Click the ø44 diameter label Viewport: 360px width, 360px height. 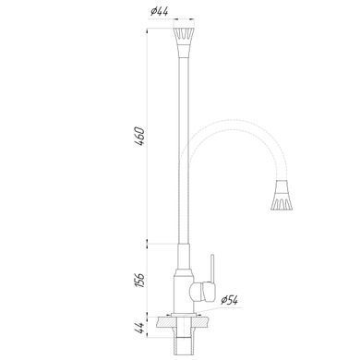click(x=160, y=12)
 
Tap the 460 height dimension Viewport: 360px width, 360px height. click(x=139, y=136)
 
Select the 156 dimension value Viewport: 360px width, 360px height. click(x=139, y=280)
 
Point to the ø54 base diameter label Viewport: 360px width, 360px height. click(x=230, y=300)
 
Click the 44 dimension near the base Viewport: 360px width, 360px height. click(x=139, y=328)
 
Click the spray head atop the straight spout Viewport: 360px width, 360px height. click(x=185, y=42)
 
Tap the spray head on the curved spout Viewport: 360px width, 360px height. click(x=282, y=195)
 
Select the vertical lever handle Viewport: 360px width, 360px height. click(x=211, y=268)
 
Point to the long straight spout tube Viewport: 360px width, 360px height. click(x=184, y=150)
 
